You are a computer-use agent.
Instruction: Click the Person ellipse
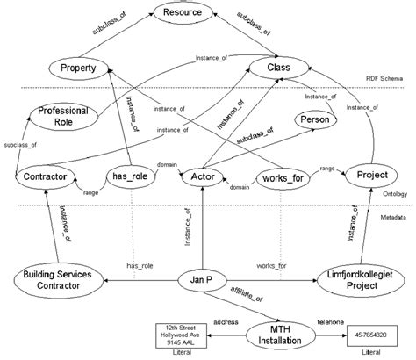pyautogui.click(x=313, y=119)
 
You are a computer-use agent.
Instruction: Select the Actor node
pyautogui.click(x=202, y=176)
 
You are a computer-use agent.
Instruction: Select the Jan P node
pyautogui.click(x=203, y=280)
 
